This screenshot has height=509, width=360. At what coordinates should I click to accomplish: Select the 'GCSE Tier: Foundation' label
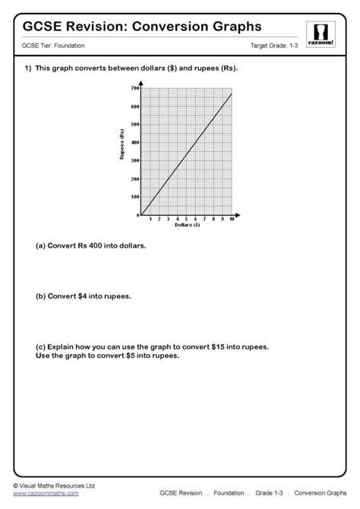tap(54, 46)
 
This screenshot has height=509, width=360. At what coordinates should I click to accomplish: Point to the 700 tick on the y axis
tap(134, 88)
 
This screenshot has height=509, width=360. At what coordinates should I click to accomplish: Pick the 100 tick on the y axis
tap(134, 197)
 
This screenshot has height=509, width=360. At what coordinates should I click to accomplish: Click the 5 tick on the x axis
tap(186, 220)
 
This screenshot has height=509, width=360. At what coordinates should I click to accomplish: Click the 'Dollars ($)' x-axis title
tap(187, 226)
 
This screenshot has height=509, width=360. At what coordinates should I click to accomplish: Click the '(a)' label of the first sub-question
tap(41, 246)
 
